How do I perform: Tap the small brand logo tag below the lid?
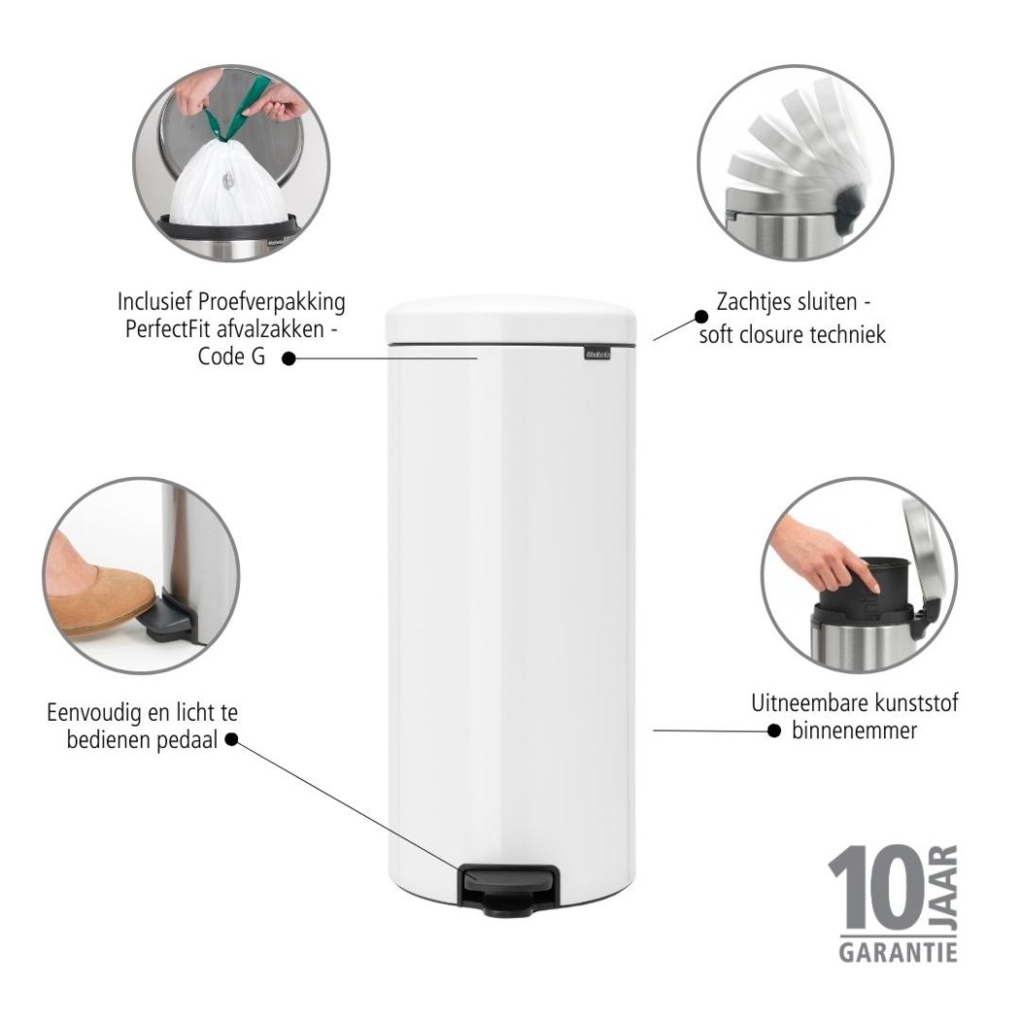(x=597, y=354)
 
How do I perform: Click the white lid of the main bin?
(x=511, y=319)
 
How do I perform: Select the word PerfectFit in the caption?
(x=168, y=329)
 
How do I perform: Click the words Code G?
(x=231, y=357)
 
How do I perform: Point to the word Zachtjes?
(x=755, y=302)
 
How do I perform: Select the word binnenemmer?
(x=854, y=731)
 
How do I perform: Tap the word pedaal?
(x=187, y=740)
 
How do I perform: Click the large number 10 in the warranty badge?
(x=880, y=887)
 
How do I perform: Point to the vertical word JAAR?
(x=946, y=887)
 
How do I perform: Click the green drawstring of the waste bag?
(x=239, y=108)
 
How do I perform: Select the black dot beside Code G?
(x=289, y=358)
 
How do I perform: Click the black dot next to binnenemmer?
(x=773, y=731)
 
